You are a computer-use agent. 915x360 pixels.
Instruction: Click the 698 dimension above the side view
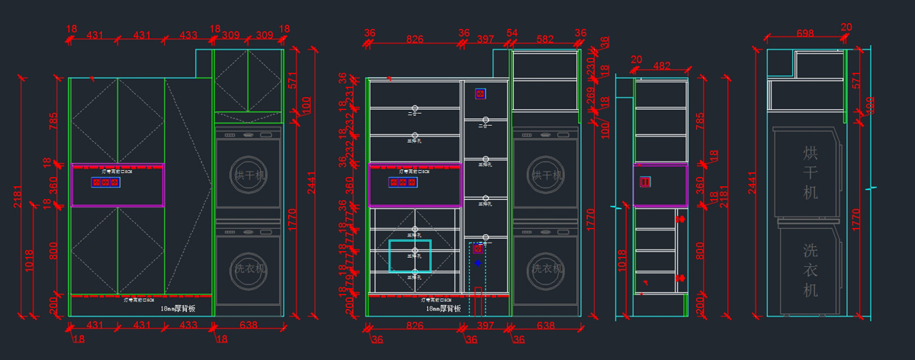[804, 33]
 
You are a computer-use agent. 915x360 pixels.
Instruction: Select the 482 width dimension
[661, 66]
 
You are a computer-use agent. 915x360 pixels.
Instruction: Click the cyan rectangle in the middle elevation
[409, 256]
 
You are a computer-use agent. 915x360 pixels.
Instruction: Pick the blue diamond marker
[478, 262]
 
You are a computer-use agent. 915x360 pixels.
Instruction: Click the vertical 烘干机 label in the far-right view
[810, 173]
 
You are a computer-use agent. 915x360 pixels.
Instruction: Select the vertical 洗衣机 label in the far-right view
[810, 269]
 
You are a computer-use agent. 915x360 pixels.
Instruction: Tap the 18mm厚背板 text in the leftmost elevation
[178, 309]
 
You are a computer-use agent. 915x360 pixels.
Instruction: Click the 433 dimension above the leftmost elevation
[188, 36]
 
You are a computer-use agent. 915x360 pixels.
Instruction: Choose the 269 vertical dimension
[590, 95]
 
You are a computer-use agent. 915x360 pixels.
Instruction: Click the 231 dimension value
[350, 93]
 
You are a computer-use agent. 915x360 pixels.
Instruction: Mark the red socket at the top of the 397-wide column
[480, 94]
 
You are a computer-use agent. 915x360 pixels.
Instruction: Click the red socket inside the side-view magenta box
[645, 182]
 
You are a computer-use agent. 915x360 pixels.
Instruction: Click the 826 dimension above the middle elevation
[414, 38]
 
